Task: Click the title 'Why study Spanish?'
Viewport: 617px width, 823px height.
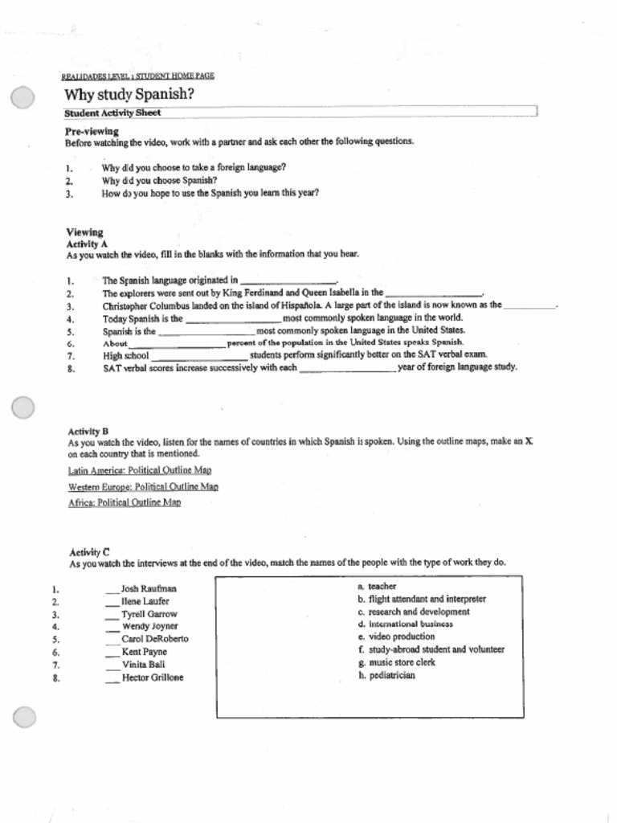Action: tap(129, 95)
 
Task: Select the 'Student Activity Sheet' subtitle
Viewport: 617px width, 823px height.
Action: tap(112, 113)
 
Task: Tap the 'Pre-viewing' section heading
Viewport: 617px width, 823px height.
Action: tap(92, 131)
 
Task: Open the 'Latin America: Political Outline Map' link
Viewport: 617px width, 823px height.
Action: tap(140, 470)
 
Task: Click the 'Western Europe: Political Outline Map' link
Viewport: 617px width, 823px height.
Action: tap(143, 487)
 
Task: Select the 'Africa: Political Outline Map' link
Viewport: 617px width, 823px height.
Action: tap(125, 503)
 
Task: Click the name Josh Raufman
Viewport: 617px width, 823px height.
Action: tap(149, 589)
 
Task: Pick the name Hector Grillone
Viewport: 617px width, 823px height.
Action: tap(153, 678)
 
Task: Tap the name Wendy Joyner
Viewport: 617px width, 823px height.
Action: tap(150, 626)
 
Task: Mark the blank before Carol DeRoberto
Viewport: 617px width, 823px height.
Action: tap(112, 640)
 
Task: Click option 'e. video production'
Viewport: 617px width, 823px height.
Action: tap(396, 637)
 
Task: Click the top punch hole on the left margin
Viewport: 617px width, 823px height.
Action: tap(22, 99)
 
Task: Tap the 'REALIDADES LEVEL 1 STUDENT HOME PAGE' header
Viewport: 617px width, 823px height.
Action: tap(138, 76)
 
